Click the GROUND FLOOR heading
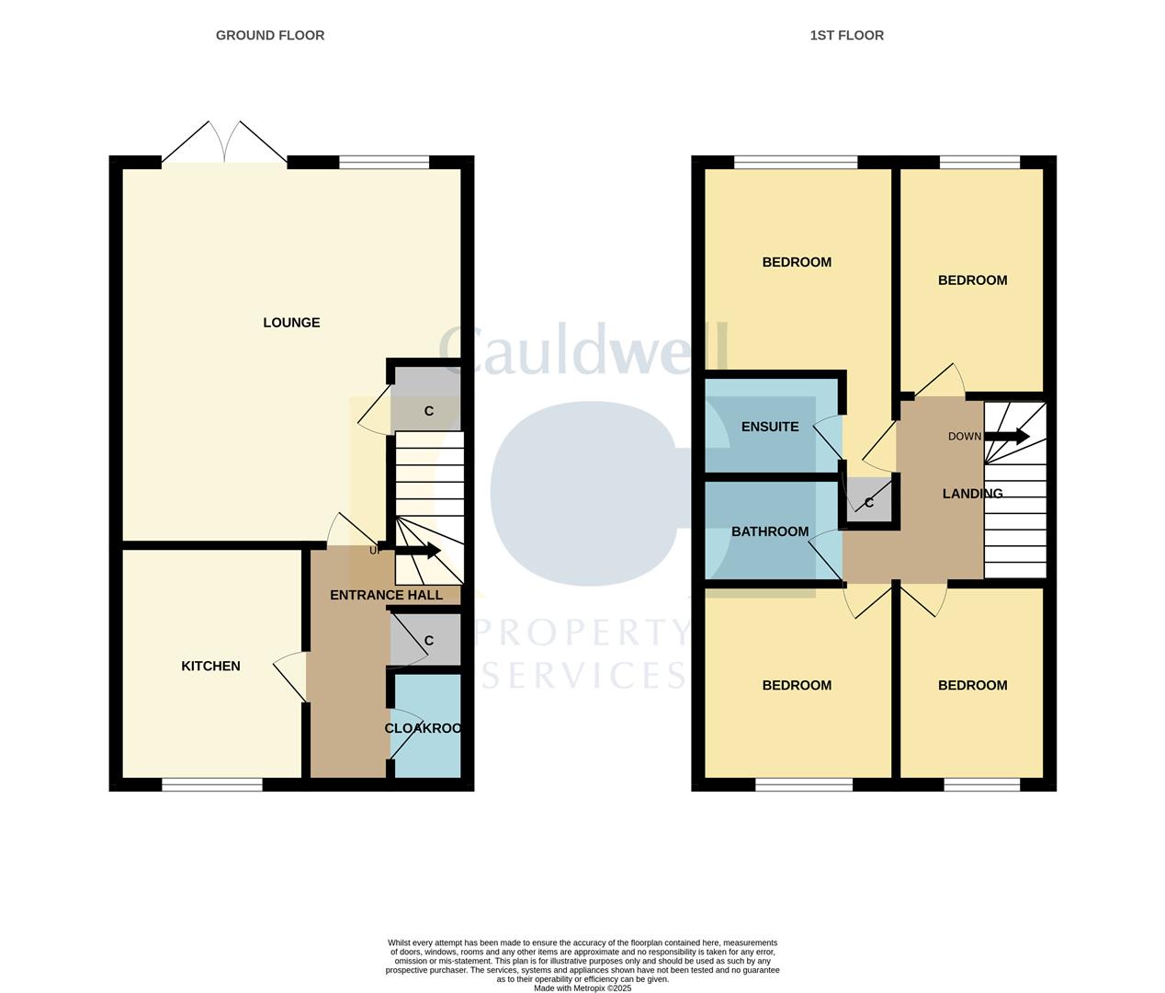[x=270, y=35]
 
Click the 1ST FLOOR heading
[x=846, y=35]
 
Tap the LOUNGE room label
[x=291, y=323]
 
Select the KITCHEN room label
[x=210, y=666]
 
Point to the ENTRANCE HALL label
[x=386, y=595]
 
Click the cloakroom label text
[x=423, y=728]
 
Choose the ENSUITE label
[x=770, y=427]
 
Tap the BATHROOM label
[x=770, y=531]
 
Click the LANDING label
[x=972, y=494]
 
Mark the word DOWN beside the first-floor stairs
[x=965, y=437]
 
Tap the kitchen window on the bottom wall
[x=212, y=784]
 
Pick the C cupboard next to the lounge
[x=428, y=411]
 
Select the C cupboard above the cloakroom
[x=428, y=641]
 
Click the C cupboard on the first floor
[x=869, y=503]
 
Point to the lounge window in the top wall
[x=384, y=163]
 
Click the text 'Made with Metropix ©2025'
[x=582, y=988]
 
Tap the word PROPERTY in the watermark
[x=582, y=633]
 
